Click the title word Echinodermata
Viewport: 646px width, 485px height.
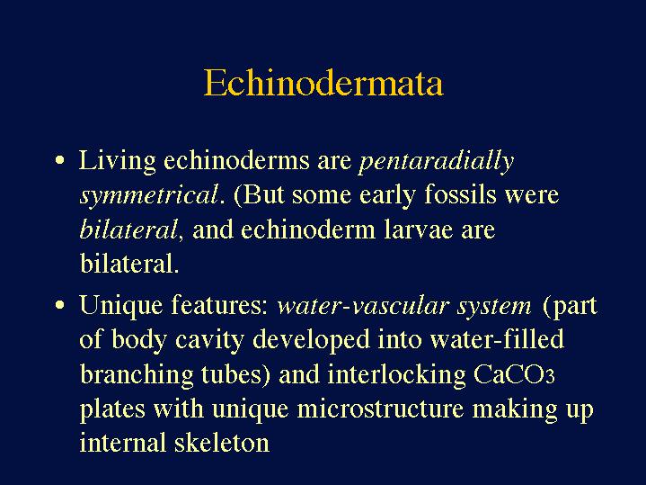pos(323,83)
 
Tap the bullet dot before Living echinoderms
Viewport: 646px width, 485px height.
pos(59,160)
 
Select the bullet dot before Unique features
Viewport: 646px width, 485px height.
pos(59,305)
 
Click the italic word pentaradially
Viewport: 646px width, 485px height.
pos(437,161)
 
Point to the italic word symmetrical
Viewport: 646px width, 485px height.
pos(149,195)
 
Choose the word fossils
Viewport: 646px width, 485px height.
pos(460,193)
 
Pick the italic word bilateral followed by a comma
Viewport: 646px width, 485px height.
pos(128,229)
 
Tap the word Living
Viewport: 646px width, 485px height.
pos(118,161)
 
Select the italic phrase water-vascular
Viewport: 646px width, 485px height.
pos(363,306)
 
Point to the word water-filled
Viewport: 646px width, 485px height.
pos(497,339)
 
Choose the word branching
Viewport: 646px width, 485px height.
pos(136,375)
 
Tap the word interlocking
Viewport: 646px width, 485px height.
pos(396,375)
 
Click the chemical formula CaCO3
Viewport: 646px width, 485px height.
pos(514,374)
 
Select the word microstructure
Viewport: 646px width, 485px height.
pos(380,409)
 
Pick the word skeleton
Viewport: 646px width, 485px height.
pos(222,442)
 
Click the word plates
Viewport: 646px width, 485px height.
pos(112,409)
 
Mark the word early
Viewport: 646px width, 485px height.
pos(387,195)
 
